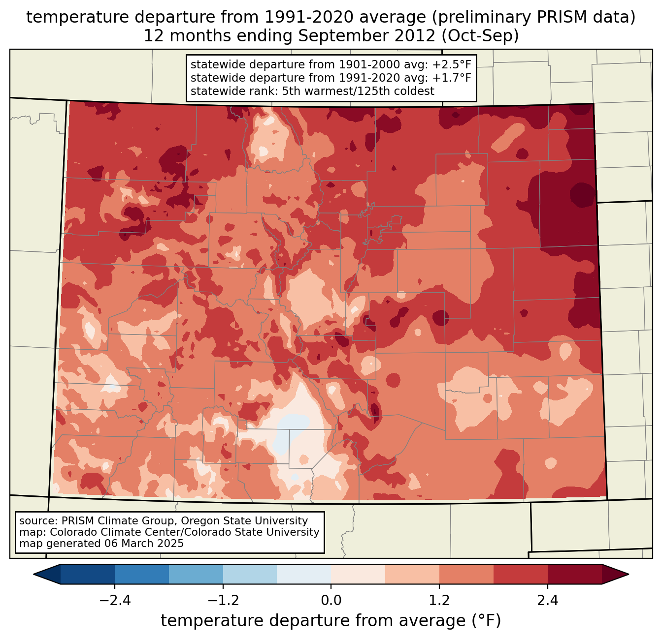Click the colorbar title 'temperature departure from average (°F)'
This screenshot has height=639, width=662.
pyautogui.click(x=331, y=621)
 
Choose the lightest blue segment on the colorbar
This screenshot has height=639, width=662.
pyautogui.click(x=304, y=574)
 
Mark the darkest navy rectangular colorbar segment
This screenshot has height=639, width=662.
pyautogui.click(x=88, y=574)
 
